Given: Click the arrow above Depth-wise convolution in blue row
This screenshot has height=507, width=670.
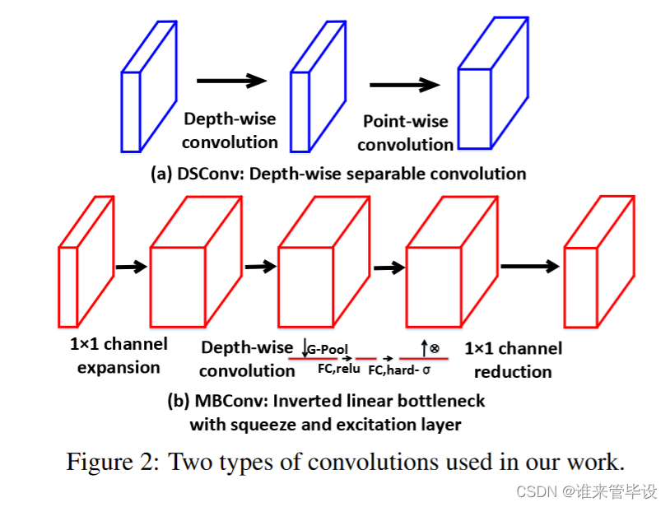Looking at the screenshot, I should pos(231,80).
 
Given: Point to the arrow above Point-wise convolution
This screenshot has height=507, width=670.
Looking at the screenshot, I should pos(404,85).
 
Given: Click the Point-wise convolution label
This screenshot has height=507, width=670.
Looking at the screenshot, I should pos(406,133).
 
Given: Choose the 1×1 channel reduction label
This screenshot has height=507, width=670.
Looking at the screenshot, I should pos(513,360).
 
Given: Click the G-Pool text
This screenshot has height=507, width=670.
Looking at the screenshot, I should pos(330,350).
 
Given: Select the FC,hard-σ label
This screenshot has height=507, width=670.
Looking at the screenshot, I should pos(399,370).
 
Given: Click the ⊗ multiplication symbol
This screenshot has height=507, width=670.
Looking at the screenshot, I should pos(434,349).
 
